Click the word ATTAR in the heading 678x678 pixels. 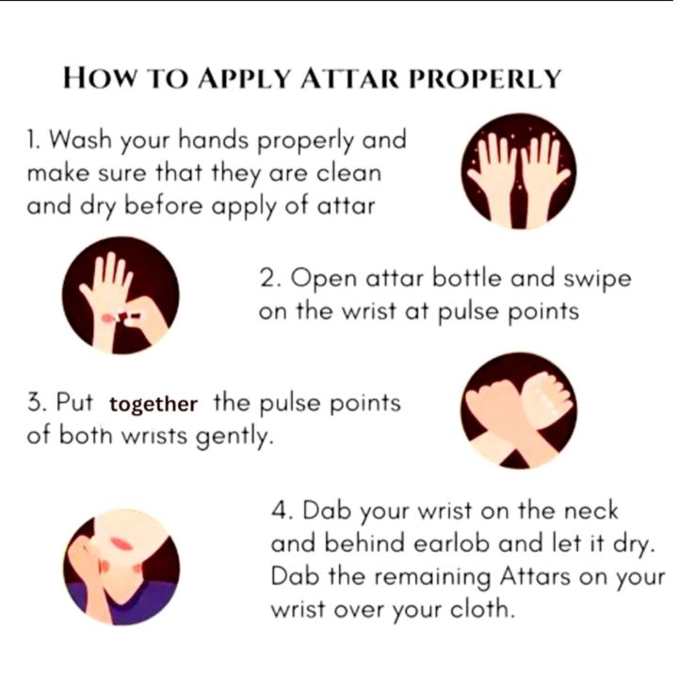pyautogui.click(x=349, y=79)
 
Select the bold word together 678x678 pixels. pyautogui.click(x=153, y=405)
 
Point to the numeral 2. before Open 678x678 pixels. pyautogui.click(x=270, y=277)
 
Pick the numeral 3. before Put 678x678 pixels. pyautogui.click(x=37, y=402)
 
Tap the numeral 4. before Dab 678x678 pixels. pyautogui.click(x=282, y=510)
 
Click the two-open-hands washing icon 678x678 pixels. pyautogui.click(x=519, y=171)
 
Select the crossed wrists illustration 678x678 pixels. pyautogui.click(x=519, y=411)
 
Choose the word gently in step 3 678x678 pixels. pyautogui.click(x=234, y=437)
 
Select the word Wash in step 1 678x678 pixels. pyautogui.click(x=80, y=139)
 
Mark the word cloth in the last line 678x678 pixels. pyautogui.click(x=482, y=609)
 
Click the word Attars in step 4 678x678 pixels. pyautogui.click(x=535, y=576)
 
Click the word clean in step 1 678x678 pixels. pyautogui.click(x=348, y=173)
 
